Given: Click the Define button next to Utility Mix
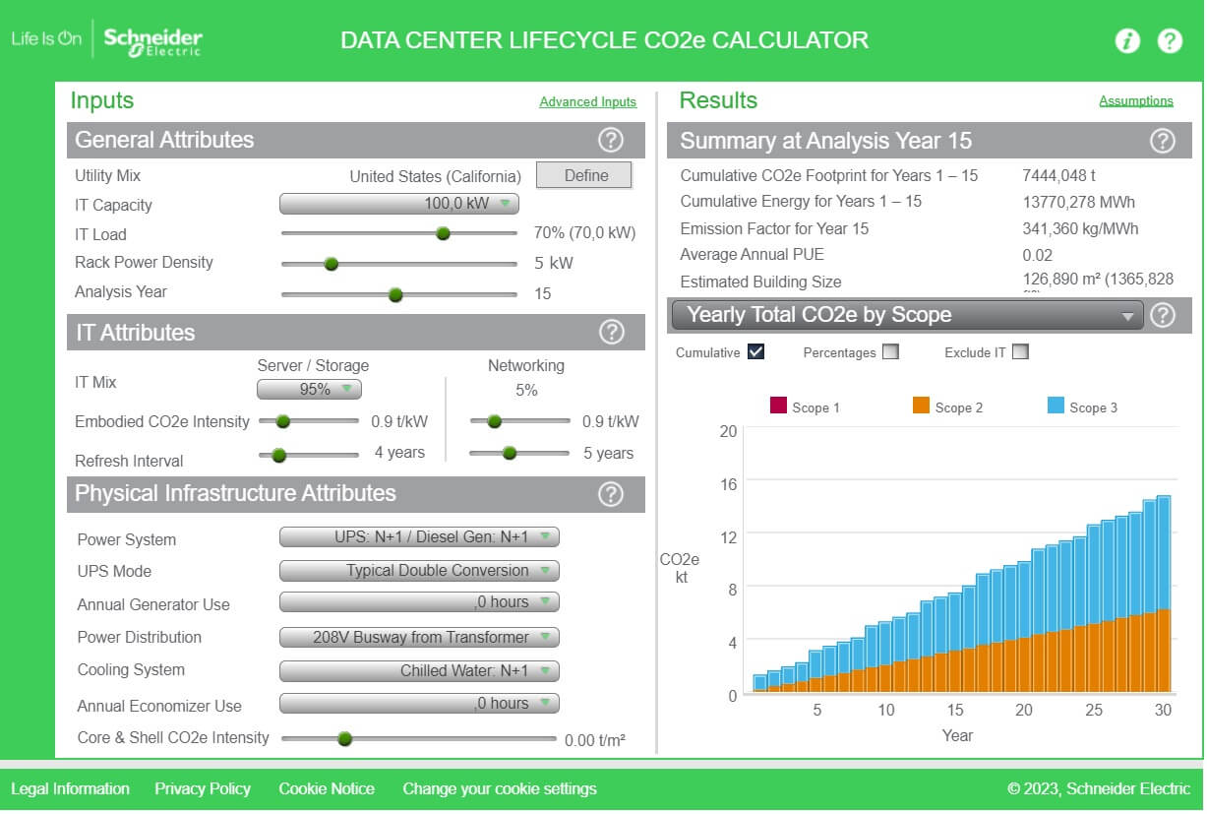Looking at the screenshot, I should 584,175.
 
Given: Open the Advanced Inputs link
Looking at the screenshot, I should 587,102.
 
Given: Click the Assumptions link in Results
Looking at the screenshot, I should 1135,100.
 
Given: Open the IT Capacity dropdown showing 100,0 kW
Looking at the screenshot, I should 398,204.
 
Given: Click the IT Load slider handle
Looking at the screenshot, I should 443,233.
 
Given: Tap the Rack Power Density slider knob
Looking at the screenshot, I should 332,264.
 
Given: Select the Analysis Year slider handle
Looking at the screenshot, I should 395,294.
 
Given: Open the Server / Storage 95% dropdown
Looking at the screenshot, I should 309,390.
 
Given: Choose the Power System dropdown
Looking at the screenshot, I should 419,537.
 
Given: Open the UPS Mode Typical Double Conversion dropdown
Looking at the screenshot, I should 419,571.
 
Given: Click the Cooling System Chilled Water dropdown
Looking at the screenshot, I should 419,671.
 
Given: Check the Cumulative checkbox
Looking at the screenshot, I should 755,352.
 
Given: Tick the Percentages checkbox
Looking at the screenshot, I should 890,352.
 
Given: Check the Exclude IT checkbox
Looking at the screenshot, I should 1020,352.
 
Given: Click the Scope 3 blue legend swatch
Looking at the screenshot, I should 1056,406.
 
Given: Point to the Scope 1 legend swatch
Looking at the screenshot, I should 778,406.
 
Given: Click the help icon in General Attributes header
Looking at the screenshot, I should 611,140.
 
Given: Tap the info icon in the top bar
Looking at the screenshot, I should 1126,41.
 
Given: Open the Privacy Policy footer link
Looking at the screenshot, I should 203,789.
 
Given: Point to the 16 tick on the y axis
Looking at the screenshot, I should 728,483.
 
